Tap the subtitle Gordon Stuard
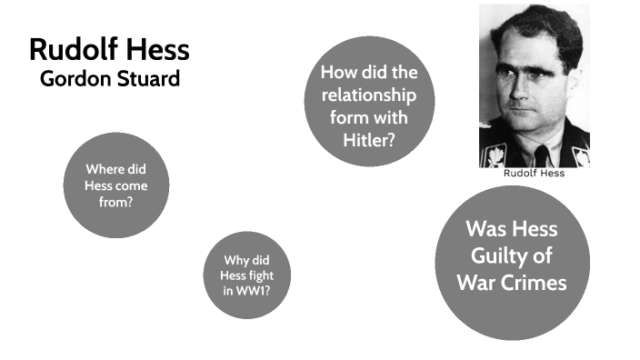(110, 78)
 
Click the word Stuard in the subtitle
(150, 78)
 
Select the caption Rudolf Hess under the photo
(534, 173)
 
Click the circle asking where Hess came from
(116, 185)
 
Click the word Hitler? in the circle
(369, 139)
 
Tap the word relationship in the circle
(369, 95)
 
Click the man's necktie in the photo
(542, 155)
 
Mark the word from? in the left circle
(116, 201)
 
